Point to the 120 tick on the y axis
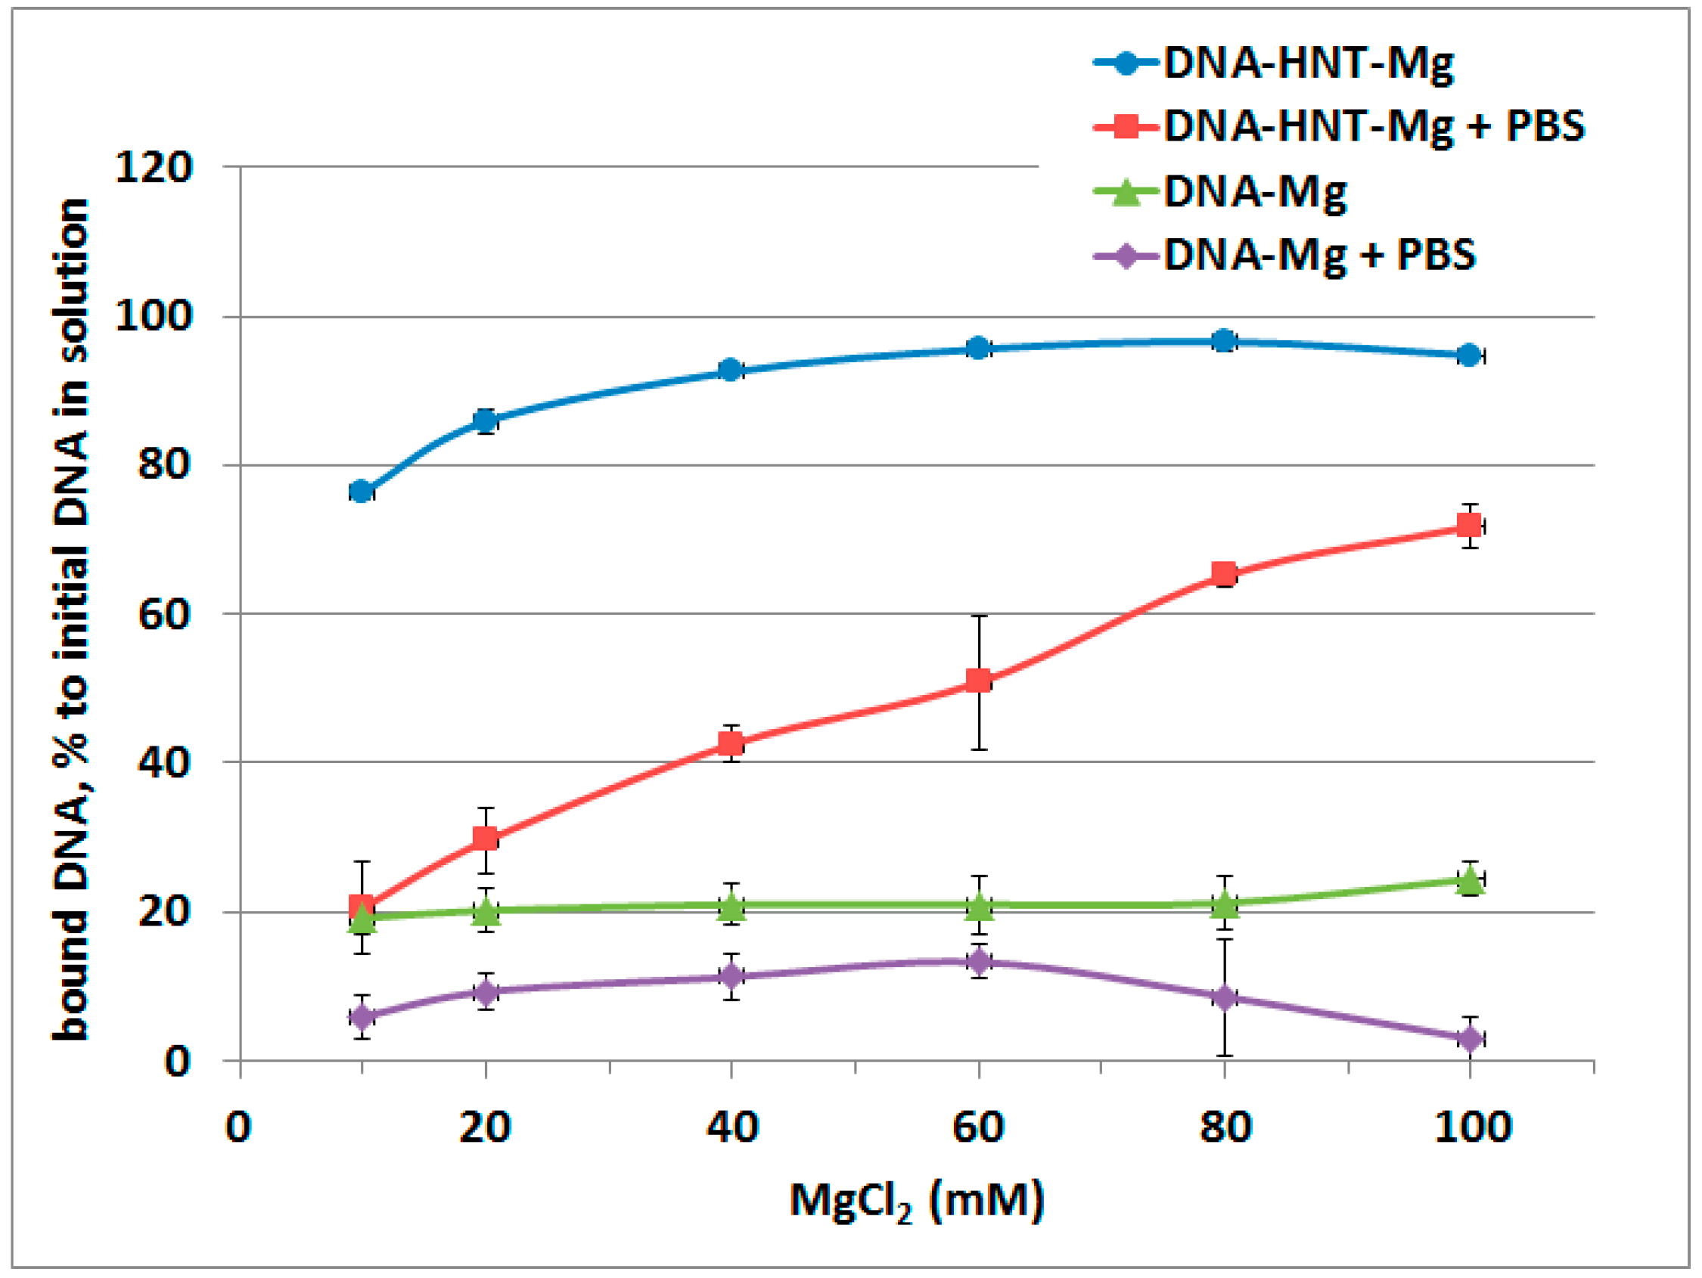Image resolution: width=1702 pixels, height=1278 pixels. [x=153, y=166]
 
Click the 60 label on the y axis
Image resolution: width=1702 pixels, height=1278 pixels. [x=164, y=614]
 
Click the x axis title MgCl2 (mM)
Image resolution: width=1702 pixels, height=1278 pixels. [x=916, y=1201]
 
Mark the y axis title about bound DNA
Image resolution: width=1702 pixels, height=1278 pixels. [x=71, y=619]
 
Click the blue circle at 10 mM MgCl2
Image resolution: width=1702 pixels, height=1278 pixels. [x=362, y=491]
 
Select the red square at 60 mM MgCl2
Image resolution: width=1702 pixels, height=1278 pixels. [x=978, y=680]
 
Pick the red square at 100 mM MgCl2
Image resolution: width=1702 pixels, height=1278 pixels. [x=1470, y=526]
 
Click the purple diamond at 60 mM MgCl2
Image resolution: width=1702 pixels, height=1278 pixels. [x=979, y=961]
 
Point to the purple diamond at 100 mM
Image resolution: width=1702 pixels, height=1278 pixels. [x=1470, y=1040]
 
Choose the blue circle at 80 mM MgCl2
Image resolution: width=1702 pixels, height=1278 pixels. [x=1224, y=340]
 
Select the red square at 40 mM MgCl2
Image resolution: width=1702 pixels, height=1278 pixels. [x=731, y=743]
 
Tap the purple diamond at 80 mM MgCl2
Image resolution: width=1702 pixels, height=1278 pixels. [x=1224, y=999]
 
